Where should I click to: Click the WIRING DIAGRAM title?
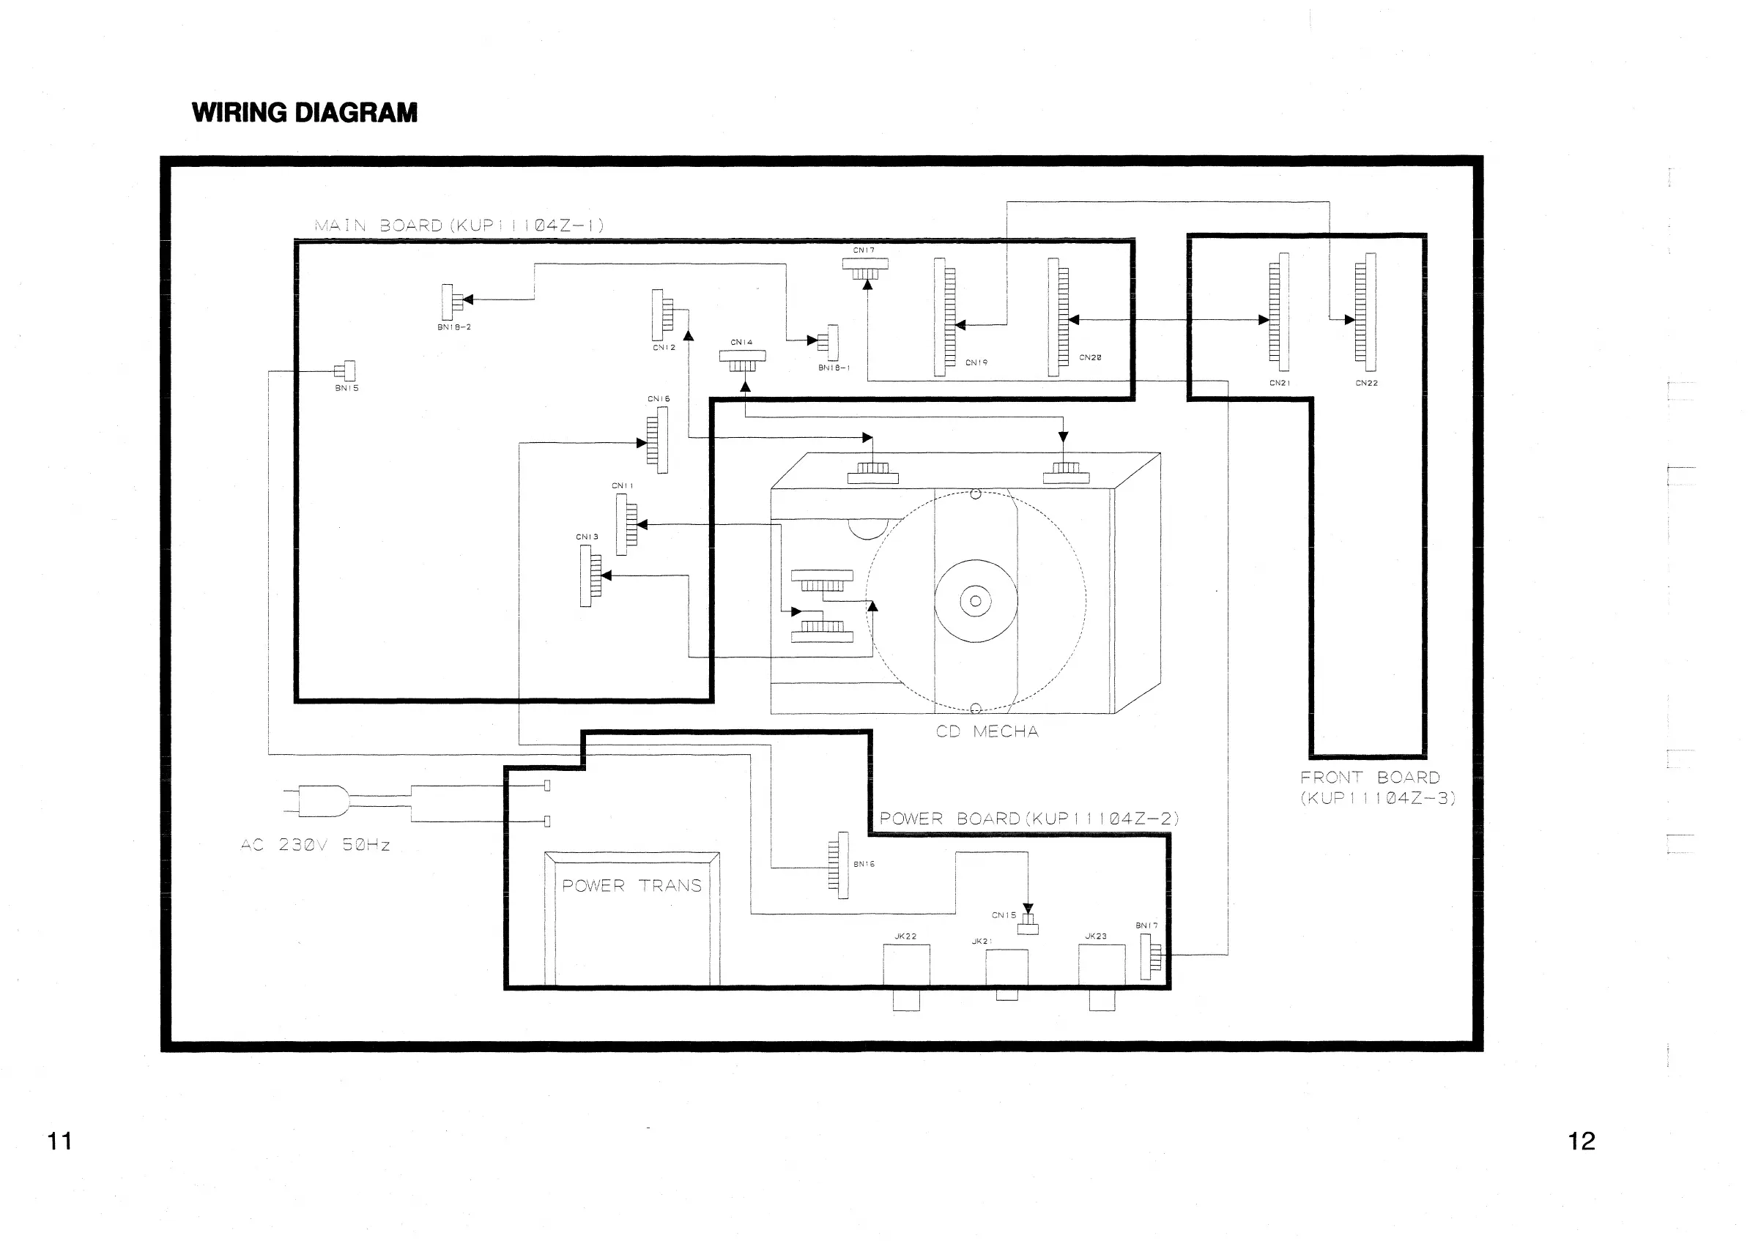[x=304, y=113]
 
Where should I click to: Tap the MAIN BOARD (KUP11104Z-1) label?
[x=459, y=226]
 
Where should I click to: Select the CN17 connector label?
[x=864, y=250]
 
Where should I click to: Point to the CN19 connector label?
[x=976, y=363]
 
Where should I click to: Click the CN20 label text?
[x=1090, y=357]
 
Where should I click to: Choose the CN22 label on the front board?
[x=1367, y=383]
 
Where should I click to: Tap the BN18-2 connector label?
[x=454, y=327]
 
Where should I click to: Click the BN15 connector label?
[x=346, y=388]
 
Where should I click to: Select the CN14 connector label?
[x=741, y=343]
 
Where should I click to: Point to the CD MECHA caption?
[x=987, y=731]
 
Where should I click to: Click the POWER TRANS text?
[x=631, y=886]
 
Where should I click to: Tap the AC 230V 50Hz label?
[x=315, y=845]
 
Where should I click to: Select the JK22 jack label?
[x=905, y=936]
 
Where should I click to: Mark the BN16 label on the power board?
[x=864, y=864]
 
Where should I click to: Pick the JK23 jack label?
[x=1096, y=936]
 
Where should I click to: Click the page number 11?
[x=59, y=1141]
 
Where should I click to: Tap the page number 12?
[x=1581, y=1141]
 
